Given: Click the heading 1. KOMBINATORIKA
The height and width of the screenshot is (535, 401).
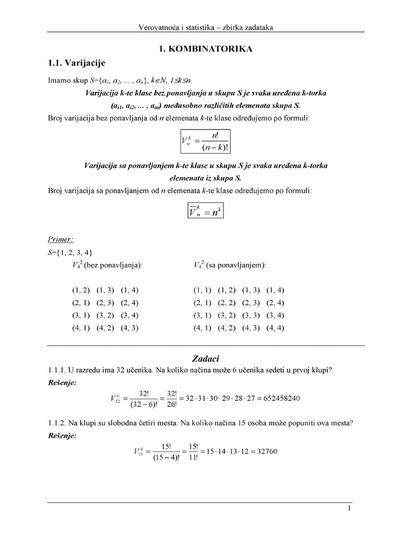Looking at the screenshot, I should click(x=206, y=49).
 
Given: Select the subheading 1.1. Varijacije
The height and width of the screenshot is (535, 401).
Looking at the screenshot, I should click(x=76, y=63).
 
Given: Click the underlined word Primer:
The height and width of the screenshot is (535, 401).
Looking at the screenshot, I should click(x=61, y=239).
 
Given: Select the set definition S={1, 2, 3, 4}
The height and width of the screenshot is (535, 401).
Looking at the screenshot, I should click(x=63, y=252).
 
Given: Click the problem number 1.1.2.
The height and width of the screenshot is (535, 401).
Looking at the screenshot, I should click(x=56, y=424).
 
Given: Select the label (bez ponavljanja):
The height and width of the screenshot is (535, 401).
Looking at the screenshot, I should click(x=115, y=265).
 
